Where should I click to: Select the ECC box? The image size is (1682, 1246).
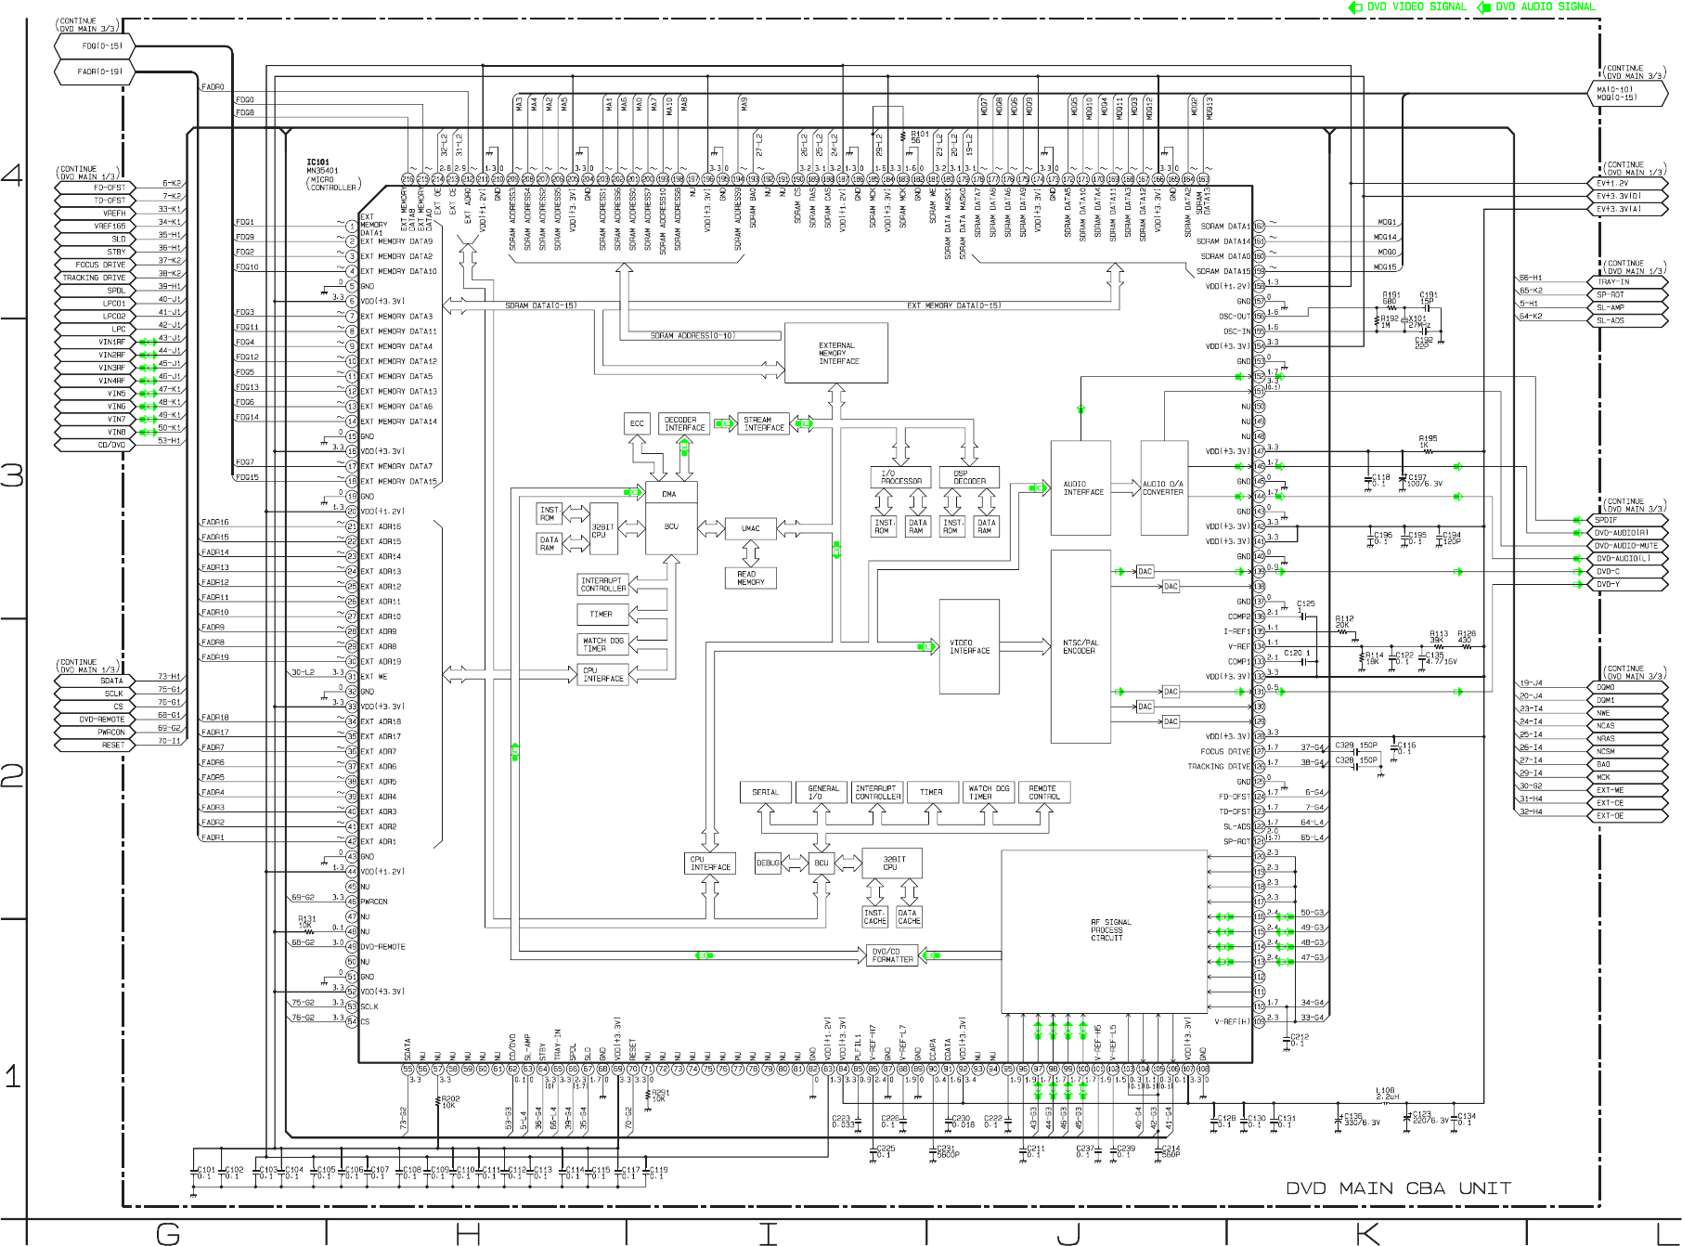637,424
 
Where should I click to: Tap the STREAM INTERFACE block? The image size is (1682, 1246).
764,424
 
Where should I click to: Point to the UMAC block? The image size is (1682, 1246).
750,529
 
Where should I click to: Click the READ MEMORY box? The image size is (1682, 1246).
750,578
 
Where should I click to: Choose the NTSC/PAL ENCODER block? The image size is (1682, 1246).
1080,647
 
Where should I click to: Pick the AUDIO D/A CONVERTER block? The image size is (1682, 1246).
1164,487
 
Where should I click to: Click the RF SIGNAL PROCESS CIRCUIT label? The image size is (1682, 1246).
1106,930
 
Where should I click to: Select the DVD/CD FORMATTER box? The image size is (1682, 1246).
891,955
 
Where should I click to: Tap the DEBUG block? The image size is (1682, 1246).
769,863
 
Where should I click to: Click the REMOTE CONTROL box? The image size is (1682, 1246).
1043,792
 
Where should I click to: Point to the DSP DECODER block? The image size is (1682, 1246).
969,477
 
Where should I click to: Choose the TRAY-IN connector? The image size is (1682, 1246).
1629,282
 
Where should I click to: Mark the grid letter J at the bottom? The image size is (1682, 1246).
1067,1233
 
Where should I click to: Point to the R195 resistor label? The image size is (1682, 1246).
1428,439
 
